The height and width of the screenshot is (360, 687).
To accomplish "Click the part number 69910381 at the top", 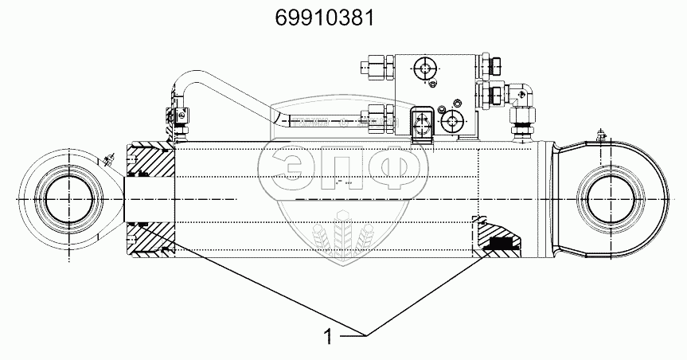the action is [325, 18].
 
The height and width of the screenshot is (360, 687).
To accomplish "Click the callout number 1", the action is [328, 337].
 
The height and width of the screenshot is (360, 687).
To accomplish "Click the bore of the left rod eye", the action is [69, 200].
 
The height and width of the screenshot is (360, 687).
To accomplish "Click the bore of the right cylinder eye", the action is [611, 200].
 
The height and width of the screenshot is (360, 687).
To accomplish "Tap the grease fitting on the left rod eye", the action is [108, 159].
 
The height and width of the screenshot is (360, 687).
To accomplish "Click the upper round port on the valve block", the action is [424, 68].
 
